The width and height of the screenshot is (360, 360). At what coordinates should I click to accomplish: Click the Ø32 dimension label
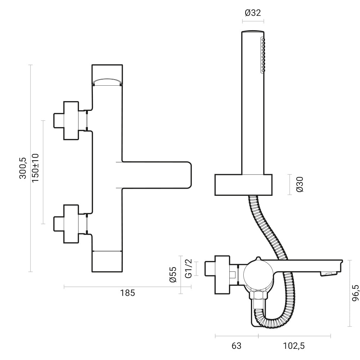point(253,13)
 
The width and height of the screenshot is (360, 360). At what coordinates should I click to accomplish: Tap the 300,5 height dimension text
point(23,168)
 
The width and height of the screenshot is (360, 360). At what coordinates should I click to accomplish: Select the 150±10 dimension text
point(35,168)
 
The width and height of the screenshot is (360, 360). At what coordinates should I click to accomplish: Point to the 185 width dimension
point(128,293)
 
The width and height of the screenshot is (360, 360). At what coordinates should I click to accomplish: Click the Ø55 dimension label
point(173,274)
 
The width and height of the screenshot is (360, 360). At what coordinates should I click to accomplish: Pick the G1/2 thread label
point(189,269)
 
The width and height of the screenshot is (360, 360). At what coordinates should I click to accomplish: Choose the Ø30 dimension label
point(300,184)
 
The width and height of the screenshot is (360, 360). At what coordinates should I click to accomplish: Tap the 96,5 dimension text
point(355,293)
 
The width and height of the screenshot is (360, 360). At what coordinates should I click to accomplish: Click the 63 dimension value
point(237,346)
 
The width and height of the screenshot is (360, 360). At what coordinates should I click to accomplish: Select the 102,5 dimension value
point(294,346)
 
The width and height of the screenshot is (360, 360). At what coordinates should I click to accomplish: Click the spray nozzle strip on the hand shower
point(263,55)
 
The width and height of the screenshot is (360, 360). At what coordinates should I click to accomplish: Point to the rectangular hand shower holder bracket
point(243,185)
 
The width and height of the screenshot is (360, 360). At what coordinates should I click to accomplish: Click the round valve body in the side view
point(258,274)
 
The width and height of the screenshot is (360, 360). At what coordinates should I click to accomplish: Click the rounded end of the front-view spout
point(189,175)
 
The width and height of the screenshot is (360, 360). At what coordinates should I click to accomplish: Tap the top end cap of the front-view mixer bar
point(107,75)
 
